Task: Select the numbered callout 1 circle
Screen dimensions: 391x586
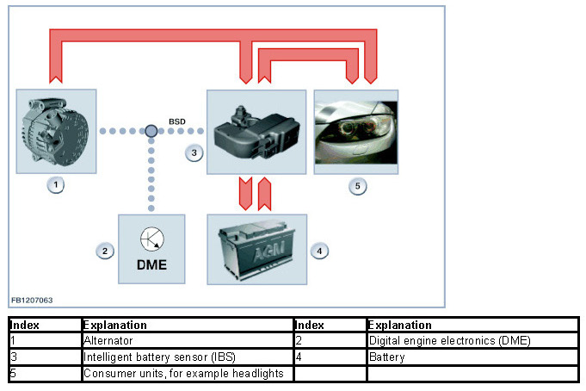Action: coord(56,185)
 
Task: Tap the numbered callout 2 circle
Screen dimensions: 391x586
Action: coord(103,251)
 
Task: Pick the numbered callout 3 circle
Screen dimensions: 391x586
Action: coord(194,153)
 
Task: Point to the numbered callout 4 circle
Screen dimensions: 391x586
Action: coord(319,251)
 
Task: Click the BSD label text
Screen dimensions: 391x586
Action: coord(176,121)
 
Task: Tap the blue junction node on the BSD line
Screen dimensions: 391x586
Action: coord(151,131)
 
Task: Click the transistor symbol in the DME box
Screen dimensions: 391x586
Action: coord(151,239)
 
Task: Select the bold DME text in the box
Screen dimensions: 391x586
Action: coord(151,265)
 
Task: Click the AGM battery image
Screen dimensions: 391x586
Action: coord(256,250)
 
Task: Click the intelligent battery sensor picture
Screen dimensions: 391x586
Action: coord(256,131)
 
